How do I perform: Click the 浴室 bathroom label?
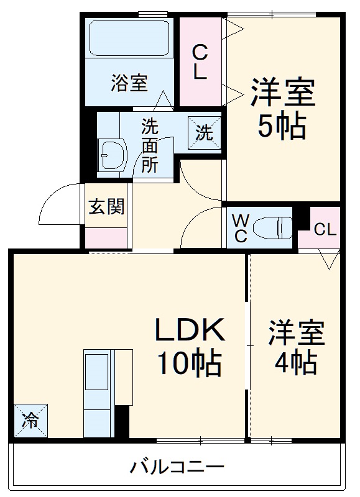click(x=129, y=83)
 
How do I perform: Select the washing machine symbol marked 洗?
click(x=205, y=131)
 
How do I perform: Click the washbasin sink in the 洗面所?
click(x=113, y=153)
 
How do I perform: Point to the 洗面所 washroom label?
click(x=150, y=146)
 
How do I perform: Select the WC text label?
click(x=240, y=227)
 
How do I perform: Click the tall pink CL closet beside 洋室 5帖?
click(x=200, y=61)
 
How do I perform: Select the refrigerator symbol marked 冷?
click(x=30, y=421)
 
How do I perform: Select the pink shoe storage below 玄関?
click(x=106, y=237)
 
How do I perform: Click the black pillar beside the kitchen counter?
click(x=122, y=422)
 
